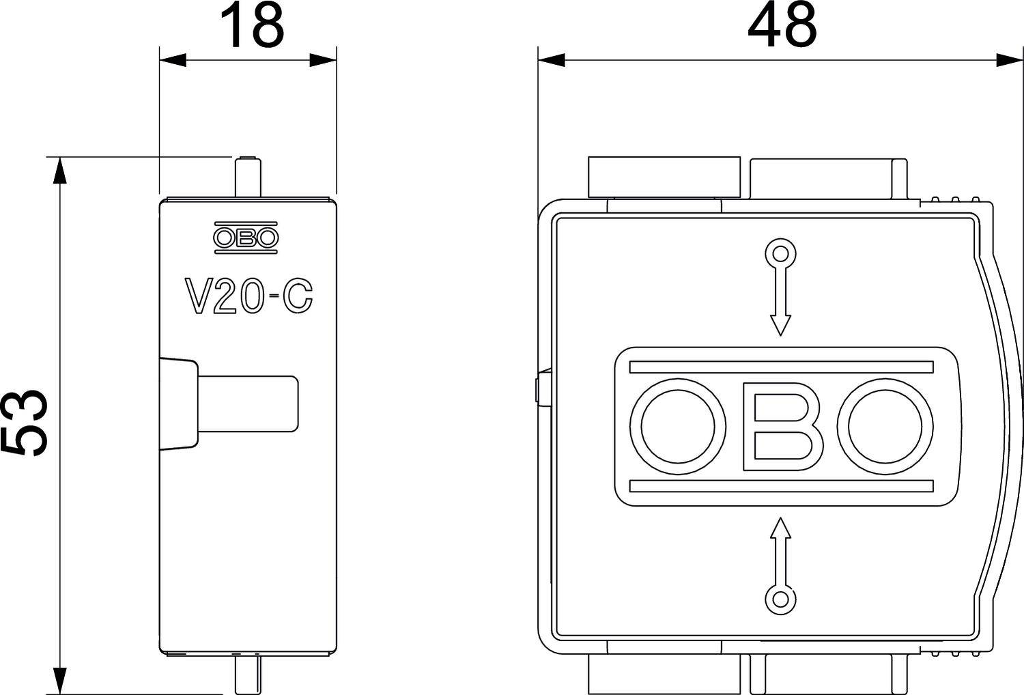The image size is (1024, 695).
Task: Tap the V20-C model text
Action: [x=248, y=296]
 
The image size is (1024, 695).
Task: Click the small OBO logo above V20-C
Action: [x=246, y=238]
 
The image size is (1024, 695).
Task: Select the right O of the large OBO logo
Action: [x=890, y=426]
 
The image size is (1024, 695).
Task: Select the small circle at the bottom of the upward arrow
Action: [x=780, y=599]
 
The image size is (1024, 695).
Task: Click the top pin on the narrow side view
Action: [x=247, y=177]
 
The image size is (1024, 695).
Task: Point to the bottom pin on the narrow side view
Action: [x=246, y=672]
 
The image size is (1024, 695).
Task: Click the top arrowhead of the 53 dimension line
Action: [x=61, y=171]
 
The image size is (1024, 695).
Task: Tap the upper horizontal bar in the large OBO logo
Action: [x=781, y=367]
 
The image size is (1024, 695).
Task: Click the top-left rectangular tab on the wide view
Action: [x=664, y=177]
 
